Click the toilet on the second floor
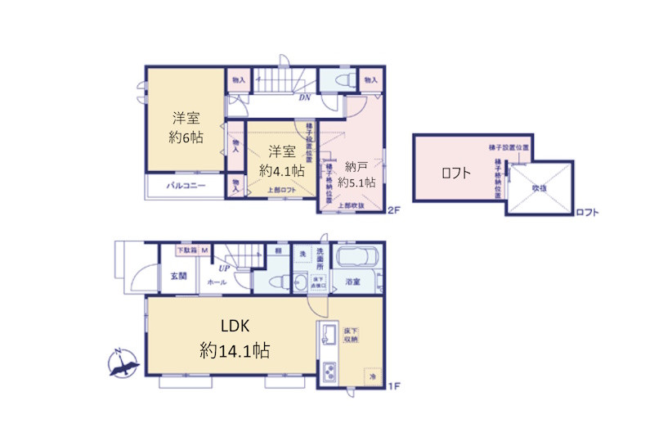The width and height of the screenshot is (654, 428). point(338,80)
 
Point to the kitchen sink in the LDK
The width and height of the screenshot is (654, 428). point(329,336)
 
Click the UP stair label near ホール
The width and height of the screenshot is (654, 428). point(222,267)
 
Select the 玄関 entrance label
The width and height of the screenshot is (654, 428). point(179,276)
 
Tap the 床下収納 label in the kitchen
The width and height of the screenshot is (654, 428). point(352,335)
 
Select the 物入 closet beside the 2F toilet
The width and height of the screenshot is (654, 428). point(370,79)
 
